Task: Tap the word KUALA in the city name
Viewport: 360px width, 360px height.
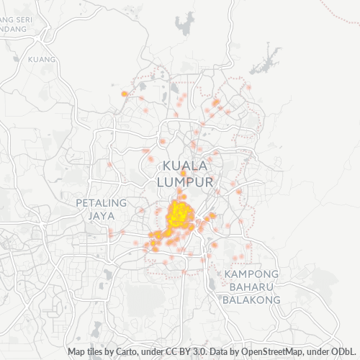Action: (186, 166)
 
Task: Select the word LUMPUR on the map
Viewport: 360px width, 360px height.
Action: (186, 183)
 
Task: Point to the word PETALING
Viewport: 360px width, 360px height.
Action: (101, 203)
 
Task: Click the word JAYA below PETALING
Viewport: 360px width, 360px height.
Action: (101, 215)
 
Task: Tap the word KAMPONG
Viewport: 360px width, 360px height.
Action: (251, 275)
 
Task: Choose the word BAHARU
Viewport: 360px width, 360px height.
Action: (251, 287)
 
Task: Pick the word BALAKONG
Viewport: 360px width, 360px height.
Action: (251, 300)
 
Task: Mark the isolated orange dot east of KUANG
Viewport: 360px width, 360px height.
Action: (125, 94)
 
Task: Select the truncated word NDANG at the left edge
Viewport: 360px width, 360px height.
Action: (13, 29)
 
